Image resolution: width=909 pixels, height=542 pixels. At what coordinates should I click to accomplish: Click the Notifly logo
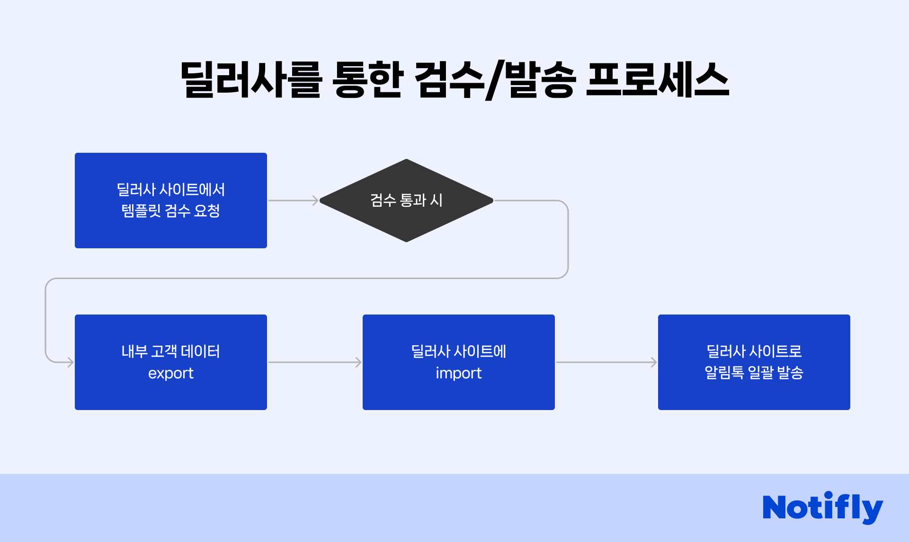coord(822,507)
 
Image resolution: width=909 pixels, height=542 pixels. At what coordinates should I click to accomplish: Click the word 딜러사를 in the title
coord(251,80)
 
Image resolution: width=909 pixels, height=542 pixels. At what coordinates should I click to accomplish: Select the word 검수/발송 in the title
coord(495,80)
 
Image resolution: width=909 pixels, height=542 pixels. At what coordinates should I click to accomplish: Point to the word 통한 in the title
coord(367,80)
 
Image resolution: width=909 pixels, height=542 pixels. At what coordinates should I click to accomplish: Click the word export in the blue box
coord(171,373)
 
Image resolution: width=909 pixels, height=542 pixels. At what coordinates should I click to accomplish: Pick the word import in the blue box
coord(458,373)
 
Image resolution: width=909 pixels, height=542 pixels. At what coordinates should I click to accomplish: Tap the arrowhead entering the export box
coord(71,362)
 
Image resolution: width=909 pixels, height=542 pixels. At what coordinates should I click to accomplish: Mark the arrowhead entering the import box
coord(358,362)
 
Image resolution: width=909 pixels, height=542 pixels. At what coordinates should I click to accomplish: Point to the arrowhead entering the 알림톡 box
coord(654,362)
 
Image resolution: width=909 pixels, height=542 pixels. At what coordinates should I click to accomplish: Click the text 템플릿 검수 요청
coord(171,211)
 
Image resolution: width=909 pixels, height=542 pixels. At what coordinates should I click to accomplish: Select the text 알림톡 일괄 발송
coord(754,373)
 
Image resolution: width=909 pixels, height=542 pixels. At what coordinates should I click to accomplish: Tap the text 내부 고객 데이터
coord(171,351)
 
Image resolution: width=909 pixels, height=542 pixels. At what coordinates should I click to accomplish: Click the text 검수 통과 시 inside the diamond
coord(406,200)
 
